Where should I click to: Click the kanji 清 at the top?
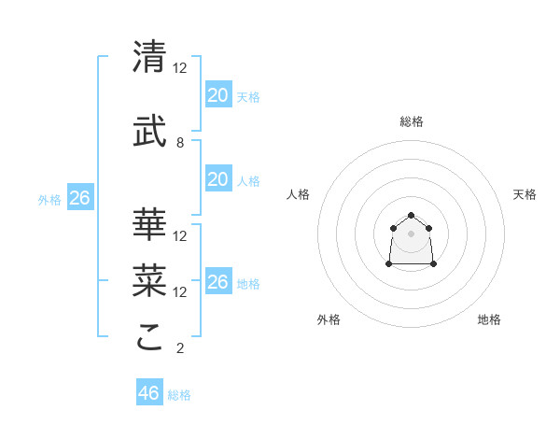[150, 57]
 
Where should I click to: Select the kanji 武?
[150, 133]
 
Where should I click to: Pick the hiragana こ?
[150, 337]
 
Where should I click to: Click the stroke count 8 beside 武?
[180, 143]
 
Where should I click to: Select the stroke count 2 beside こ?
[180, 348]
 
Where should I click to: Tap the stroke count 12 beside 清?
[180, 68]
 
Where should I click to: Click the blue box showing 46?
[149, 393]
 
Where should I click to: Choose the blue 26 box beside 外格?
[79, 198]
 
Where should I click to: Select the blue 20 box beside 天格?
[217, 95]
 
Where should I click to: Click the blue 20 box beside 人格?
[217, 179]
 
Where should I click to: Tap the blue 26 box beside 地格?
[217, 282]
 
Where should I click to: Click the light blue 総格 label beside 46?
[179, 395]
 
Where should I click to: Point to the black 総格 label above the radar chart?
[411, 121]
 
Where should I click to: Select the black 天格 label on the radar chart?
[525, 194]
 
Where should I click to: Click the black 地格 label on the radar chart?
[489, 319]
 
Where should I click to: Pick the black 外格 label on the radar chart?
[329, 319]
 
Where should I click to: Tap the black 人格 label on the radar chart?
[299, 194]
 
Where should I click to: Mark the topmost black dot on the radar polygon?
[411, 216]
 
